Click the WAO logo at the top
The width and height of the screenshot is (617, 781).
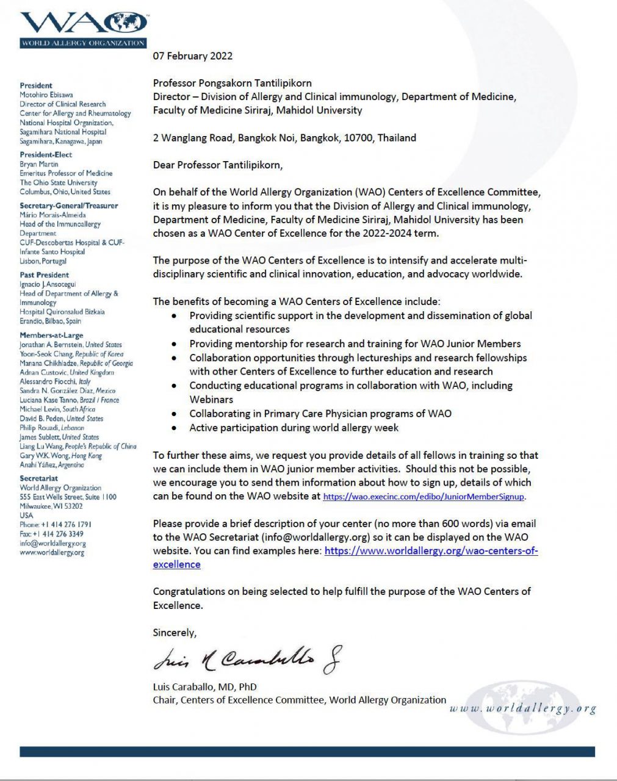(x=84, y=29)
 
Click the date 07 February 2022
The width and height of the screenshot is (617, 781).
(x=192, y=56)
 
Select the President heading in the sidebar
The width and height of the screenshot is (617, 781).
(x=36, y=85)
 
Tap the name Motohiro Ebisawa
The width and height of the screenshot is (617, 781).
(x=46, y=95)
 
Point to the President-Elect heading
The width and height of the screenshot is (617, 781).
(x=46, y=155)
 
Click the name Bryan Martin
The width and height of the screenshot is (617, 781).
(x=39, y=164)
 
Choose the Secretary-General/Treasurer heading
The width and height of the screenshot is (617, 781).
(x=69, y=206)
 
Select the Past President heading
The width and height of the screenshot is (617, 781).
(x=44, y=275)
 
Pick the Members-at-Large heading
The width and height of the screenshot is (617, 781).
(x=51, y=335)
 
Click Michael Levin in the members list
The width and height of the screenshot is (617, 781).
(x=40, y=409)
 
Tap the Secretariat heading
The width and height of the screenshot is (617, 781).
(x=38, y=478)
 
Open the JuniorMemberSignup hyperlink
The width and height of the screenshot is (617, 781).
(x=423, y=497)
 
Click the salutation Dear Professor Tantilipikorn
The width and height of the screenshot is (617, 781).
(x=218, y=165)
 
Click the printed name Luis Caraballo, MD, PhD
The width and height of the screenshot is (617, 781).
(x=204, y=686)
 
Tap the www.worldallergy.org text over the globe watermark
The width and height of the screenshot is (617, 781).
(x=523, y=708)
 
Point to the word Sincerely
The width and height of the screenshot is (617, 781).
(x=175, y=633)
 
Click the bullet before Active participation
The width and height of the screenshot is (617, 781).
(x=175, y=428)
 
